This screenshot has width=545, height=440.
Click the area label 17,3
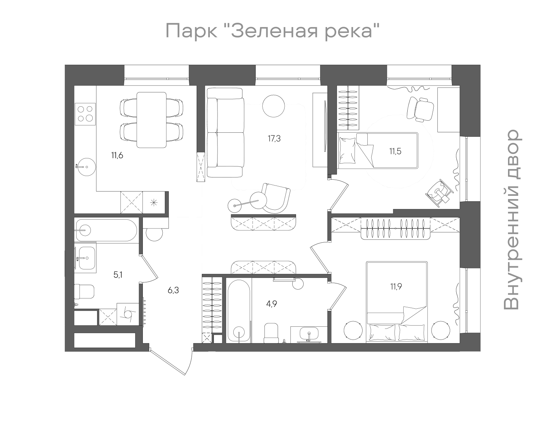(274, 139)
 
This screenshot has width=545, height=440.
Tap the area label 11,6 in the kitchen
(117, 155)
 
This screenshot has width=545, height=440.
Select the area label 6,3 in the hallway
(173, 290)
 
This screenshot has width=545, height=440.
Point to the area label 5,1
(118, 275)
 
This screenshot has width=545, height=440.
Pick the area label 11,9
(396, 286)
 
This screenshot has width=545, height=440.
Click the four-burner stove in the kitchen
(85, 113)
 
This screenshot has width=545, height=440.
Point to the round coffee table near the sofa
(273, 106)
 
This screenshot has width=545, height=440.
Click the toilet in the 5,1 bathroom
(84, 292)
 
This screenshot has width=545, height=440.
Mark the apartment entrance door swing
(172, 361)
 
